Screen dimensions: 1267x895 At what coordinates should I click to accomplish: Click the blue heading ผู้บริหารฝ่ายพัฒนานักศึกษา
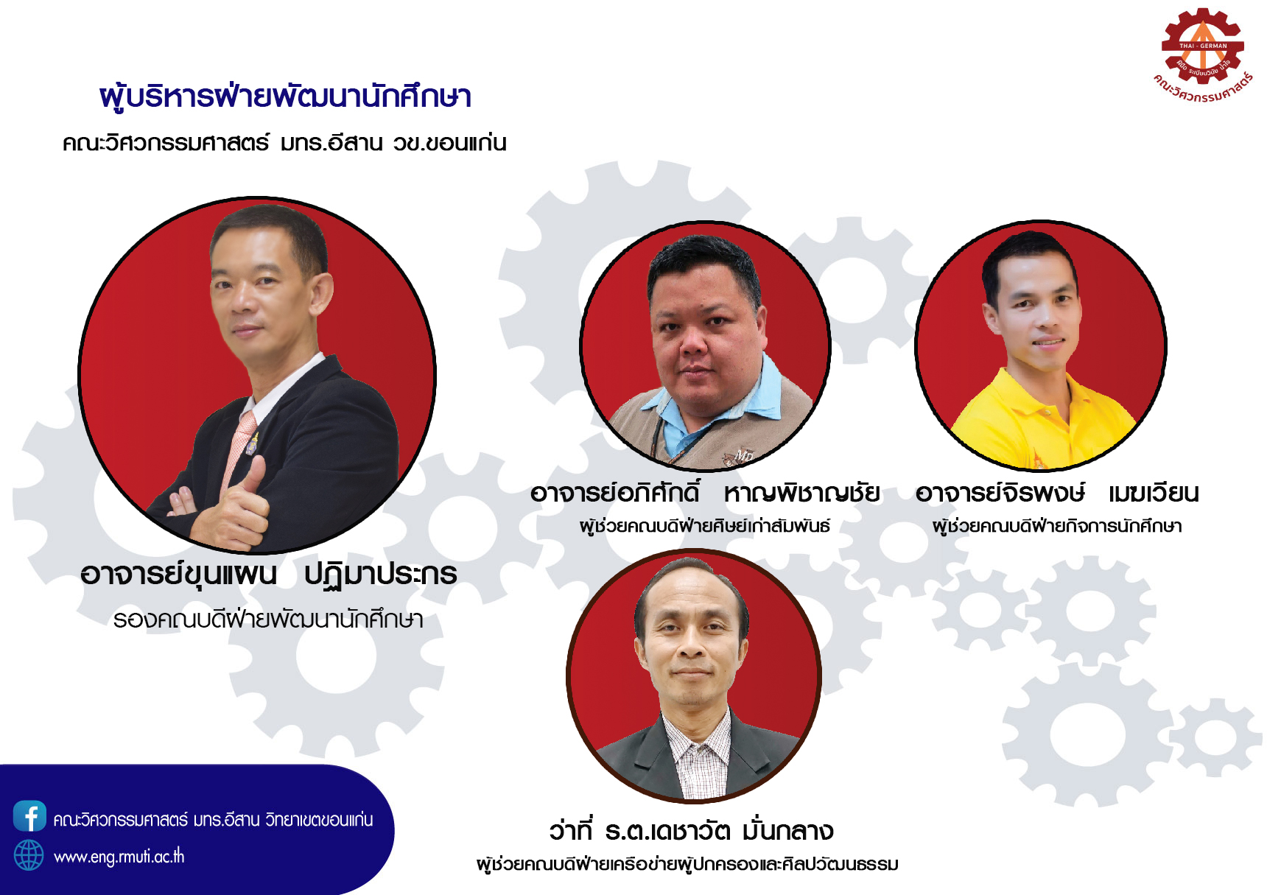coord(285,96)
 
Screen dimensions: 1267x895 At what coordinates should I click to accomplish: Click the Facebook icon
coord(29,816)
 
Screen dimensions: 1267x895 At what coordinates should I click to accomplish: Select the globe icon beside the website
coord(29,855)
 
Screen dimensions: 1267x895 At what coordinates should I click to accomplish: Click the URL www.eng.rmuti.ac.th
coord(119,857)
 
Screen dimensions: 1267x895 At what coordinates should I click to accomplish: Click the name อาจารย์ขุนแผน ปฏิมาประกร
coord(269,575)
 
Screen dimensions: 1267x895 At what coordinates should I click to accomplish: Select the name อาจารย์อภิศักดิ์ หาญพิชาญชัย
coord(705,493)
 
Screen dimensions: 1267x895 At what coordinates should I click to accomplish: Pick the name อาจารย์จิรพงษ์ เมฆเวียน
coord(1057,493)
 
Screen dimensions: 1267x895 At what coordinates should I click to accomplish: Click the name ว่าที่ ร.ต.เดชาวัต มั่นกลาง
coord(691,831)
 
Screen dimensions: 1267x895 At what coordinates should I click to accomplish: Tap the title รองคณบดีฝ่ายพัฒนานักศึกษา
coord(268,620)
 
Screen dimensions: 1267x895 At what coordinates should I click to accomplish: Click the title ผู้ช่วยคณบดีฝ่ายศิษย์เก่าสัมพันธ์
coord(705,526)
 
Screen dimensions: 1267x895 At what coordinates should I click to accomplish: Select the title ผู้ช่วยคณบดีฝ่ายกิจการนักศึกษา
coord(1057,526)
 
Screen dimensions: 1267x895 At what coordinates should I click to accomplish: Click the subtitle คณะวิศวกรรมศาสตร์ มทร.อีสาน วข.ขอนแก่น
coord(284,142)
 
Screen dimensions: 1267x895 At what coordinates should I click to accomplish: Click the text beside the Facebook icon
coord(214,819)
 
